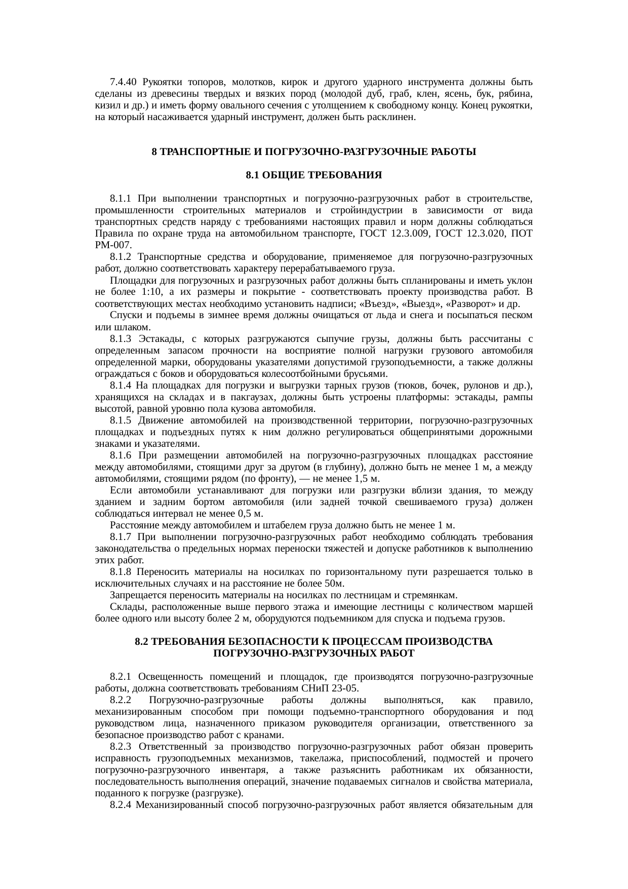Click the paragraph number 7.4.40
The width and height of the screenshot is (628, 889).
[x=124, y=82]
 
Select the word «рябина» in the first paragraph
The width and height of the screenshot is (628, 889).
[x=516, y=94]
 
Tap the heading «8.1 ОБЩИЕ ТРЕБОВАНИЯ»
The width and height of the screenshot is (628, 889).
[x=313, y=175]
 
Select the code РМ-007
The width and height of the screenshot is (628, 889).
[x=113, y=245]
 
